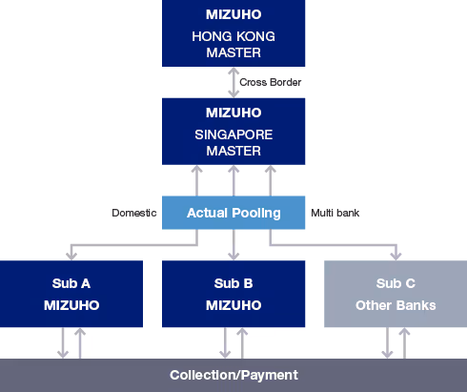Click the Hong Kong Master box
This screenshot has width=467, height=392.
point(233,33)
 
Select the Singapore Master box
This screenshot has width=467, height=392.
point(233,131)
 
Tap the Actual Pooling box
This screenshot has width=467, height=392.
point(233,213)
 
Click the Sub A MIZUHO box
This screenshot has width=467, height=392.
point(71,295)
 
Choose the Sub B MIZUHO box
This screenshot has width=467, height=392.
point(233,295)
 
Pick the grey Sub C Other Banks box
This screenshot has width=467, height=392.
point(396,295)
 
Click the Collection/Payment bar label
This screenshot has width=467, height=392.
point(233,375)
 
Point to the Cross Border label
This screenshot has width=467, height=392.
point(271,83)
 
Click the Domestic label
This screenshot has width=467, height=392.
point(134,213)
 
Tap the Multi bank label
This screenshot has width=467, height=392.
point(335,213)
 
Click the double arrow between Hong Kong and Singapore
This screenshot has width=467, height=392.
point(233,82)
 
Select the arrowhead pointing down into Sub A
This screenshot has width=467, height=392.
point(71,256)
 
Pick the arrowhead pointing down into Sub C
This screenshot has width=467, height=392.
point(396,256)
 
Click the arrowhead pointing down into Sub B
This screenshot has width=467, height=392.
point(233,256)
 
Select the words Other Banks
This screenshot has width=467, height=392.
point(396,305)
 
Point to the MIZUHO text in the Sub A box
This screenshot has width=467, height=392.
point(71,305)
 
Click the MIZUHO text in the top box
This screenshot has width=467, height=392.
point(233,14)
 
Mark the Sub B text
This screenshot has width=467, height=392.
point(233,284)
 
